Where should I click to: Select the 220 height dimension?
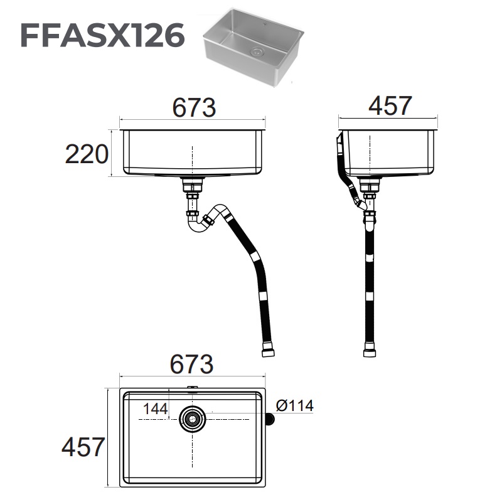click(87, 154)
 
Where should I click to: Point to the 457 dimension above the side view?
click(390, 106)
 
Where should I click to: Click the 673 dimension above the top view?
click(192, 364)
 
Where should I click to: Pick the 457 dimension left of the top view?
click(83, 447)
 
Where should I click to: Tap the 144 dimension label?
click(155, 409)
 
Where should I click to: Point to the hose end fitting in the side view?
click(371, 350)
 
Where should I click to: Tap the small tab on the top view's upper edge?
click(192, 389)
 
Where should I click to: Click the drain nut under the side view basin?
click(371, 186)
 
